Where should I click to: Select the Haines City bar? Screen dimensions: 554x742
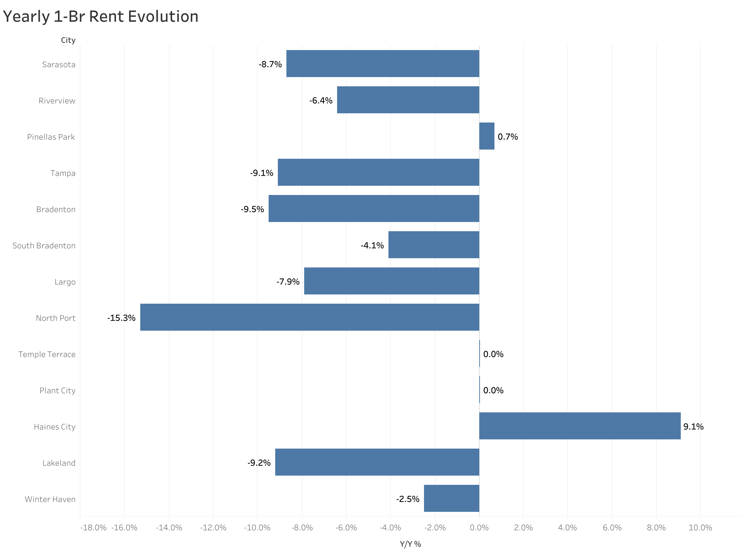pos(579,426)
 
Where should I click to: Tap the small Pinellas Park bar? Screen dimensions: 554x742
pos(486,136)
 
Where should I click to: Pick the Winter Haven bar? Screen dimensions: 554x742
pos(451,498)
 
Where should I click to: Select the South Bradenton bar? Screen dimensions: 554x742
pos(433,244)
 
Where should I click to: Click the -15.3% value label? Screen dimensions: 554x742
pos(121,318)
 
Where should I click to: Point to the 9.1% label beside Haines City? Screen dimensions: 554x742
pos(693,426)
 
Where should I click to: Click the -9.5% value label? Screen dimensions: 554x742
pos(252,209)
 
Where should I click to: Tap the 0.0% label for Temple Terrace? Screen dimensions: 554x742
pos(493,354)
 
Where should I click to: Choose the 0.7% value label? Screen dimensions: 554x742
pos(507,136)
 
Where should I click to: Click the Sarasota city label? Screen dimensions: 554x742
pos(59,64)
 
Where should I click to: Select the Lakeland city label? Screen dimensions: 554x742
pos(59,463)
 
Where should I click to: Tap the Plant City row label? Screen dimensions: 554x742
pos(57,390)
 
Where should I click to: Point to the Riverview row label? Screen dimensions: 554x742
pos(57,100)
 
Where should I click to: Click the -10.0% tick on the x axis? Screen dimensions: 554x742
pos(257,528)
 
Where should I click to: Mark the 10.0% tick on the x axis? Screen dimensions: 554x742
pos(700,528)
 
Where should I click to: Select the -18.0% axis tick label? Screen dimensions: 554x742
pos(93,528)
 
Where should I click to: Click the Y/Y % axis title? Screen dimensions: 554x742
pos(410,544)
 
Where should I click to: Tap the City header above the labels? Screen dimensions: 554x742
pos(68,40)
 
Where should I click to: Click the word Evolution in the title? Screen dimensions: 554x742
pos(163,16)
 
